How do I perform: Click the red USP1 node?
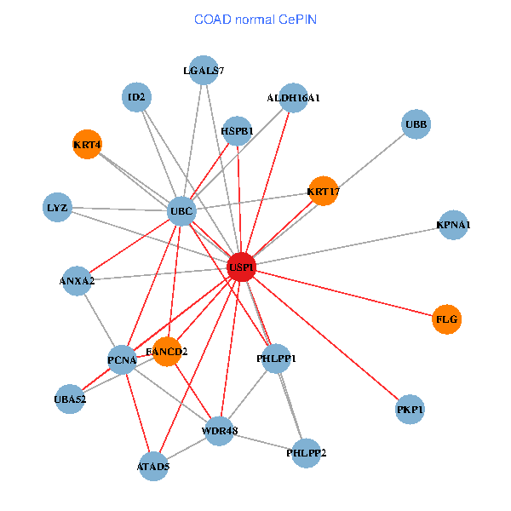pos(242,267)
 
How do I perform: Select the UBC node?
pos(181,210)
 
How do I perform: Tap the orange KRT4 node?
pos(88,145)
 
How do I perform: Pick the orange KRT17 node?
pos(324,192)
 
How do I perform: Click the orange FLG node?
pos(447,319)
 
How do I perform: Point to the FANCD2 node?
pos(167,351)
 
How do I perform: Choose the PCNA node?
pos(123,361)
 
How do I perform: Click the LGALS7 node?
pos(204,71)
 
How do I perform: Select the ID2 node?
pos(136,98)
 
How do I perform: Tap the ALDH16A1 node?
pos(293,98)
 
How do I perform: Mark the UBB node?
pos(416,125)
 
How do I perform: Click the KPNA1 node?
pos(453,225)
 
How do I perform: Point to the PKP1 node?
pos(411,410)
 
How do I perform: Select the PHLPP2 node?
pos(306,452)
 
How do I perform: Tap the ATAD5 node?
pos(153,466)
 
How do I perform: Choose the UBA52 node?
pos(70,399)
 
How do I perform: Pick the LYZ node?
pos(58,207)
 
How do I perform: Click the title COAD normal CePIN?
pos(255,18)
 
